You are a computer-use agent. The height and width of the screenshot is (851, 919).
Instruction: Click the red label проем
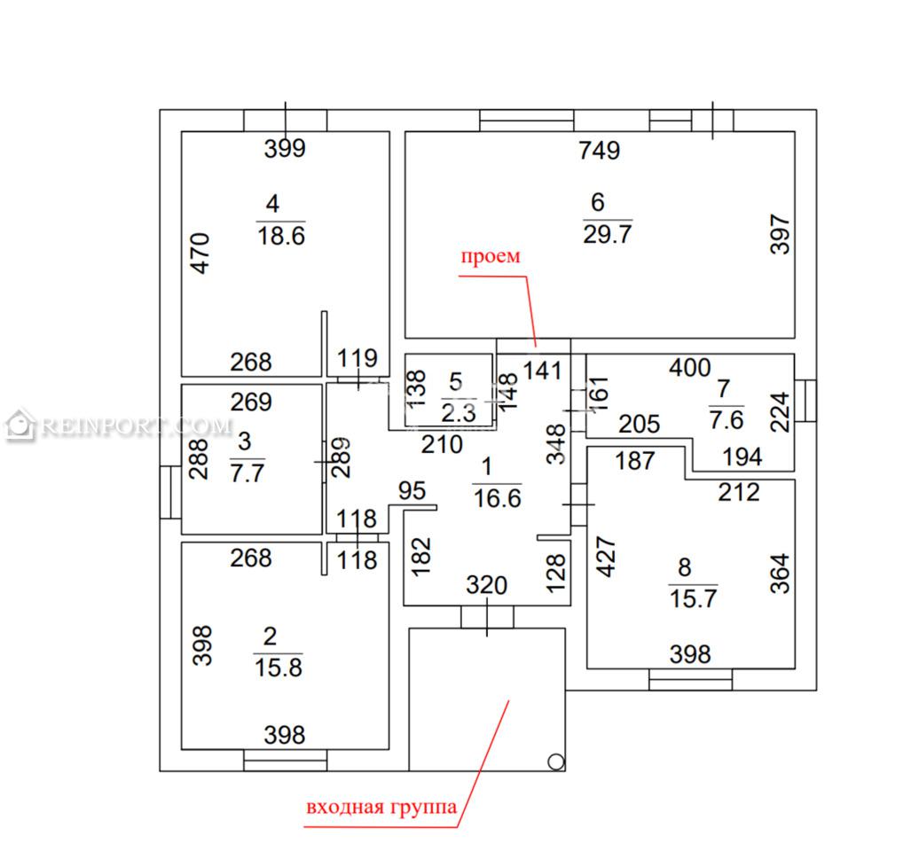click(x=490, y=256)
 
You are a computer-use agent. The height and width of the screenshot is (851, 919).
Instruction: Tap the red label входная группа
click(x=381, y=808)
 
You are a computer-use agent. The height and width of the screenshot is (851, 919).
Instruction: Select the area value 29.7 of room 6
click(x=607, y=234)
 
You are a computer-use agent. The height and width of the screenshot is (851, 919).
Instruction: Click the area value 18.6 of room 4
click(x=281, y=236)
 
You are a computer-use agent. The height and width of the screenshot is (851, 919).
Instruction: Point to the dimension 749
click(x=599, y=151)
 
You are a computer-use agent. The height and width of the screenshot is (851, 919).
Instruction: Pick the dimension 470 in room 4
click(x=200, y=253)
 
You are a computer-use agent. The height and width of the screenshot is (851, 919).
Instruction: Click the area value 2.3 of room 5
click(x=459, y=413)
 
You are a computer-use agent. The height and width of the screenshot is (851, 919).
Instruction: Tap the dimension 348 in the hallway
click(x=555, y=444)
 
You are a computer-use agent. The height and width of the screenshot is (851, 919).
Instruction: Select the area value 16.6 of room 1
click(x=497, y=498)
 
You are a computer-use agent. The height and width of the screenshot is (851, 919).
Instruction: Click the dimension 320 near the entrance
click(x=486, y=585)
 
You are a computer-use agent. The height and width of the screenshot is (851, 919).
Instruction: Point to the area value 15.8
click(x=279, y=668)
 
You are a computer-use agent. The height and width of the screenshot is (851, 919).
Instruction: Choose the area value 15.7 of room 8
click(x=694, y=598)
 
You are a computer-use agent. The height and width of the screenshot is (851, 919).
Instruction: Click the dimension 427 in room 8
click(x=606, y=557)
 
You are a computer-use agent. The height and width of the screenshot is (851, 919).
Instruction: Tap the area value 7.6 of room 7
click(x=727, y=420)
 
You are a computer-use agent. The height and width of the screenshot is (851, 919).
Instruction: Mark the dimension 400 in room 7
click(x=690, y=368)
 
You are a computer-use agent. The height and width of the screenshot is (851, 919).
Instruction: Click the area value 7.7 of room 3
click(x=247, y=472)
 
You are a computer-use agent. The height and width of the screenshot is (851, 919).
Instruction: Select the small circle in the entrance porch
click(x=555, y=762)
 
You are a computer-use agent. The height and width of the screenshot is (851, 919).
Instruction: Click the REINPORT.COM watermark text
click(x=137, y=426)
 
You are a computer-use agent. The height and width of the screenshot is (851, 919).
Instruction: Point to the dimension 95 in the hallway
click(x=412, y=491)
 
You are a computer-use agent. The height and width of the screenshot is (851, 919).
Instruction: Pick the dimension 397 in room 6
click(x=780, y=234)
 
